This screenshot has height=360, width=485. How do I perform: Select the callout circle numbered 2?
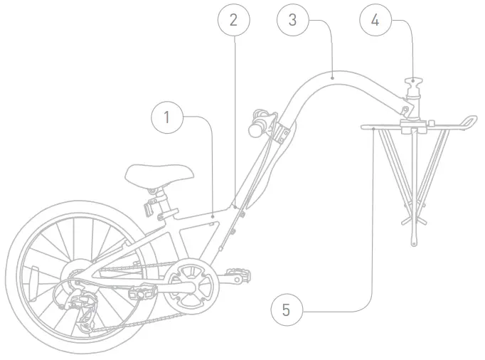[x=234, y=20]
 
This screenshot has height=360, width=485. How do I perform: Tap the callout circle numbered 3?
[x=292, y=20]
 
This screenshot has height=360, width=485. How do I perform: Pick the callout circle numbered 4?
[x=375, y=20]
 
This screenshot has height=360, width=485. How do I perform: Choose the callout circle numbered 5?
[x=286, y=309]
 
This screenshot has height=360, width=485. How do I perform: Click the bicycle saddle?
[x=159, y=174]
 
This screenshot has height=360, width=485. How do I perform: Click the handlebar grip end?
[x=254, y=129]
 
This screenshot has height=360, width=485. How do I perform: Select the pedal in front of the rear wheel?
[x=142, y=291]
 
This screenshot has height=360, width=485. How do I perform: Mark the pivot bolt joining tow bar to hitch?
[x=405, y=108]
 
